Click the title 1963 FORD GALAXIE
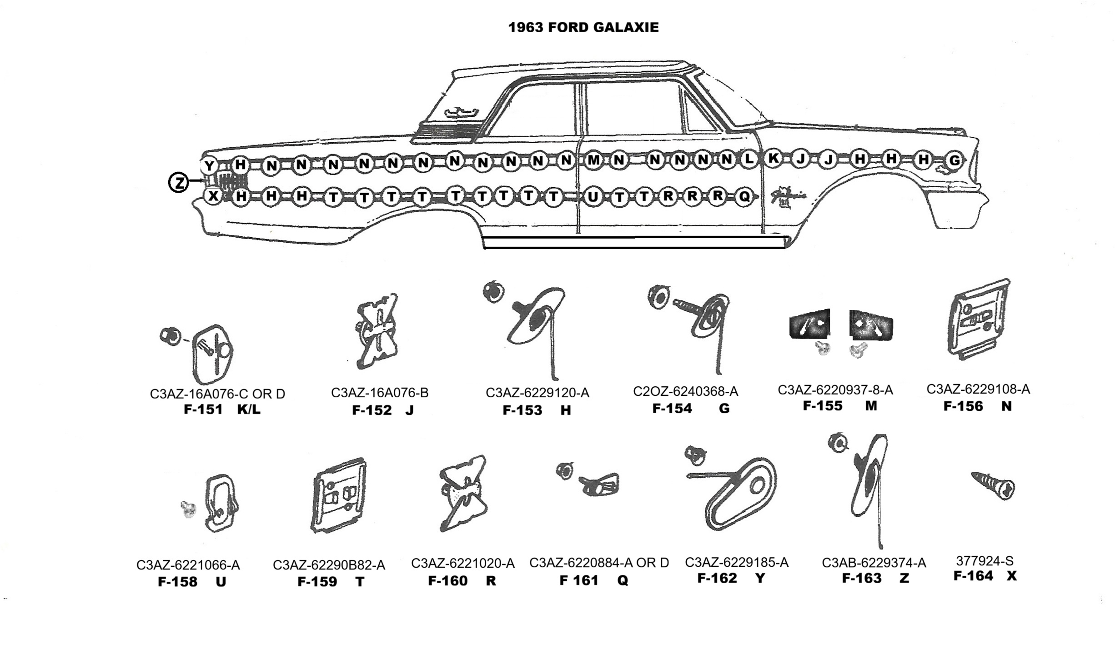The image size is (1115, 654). pos(583,27)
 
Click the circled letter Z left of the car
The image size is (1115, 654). pos(179,183)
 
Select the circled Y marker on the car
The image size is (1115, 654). pos(209,165)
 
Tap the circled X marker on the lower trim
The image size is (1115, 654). pos(213,196)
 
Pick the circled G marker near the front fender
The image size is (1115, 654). pos(954,160)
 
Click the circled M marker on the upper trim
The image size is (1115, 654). pos(593,160)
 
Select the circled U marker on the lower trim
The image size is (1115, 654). pos(593,197)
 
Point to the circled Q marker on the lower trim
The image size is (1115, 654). pos(744,197)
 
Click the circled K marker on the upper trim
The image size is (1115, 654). pos(773,159)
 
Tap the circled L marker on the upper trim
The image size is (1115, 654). pos(748,159)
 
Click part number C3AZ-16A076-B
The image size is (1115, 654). pos(379,393)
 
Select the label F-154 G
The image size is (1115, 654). pos(690,408)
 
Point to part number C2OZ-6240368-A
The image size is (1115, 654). pos(685,391)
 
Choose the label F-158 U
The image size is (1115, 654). pos(191,582)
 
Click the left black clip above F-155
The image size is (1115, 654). pos(809,324)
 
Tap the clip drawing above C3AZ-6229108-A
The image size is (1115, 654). pos(979,320)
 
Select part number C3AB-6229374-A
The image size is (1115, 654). pos(874,563)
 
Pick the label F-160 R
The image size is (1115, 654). pos(462,581)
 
